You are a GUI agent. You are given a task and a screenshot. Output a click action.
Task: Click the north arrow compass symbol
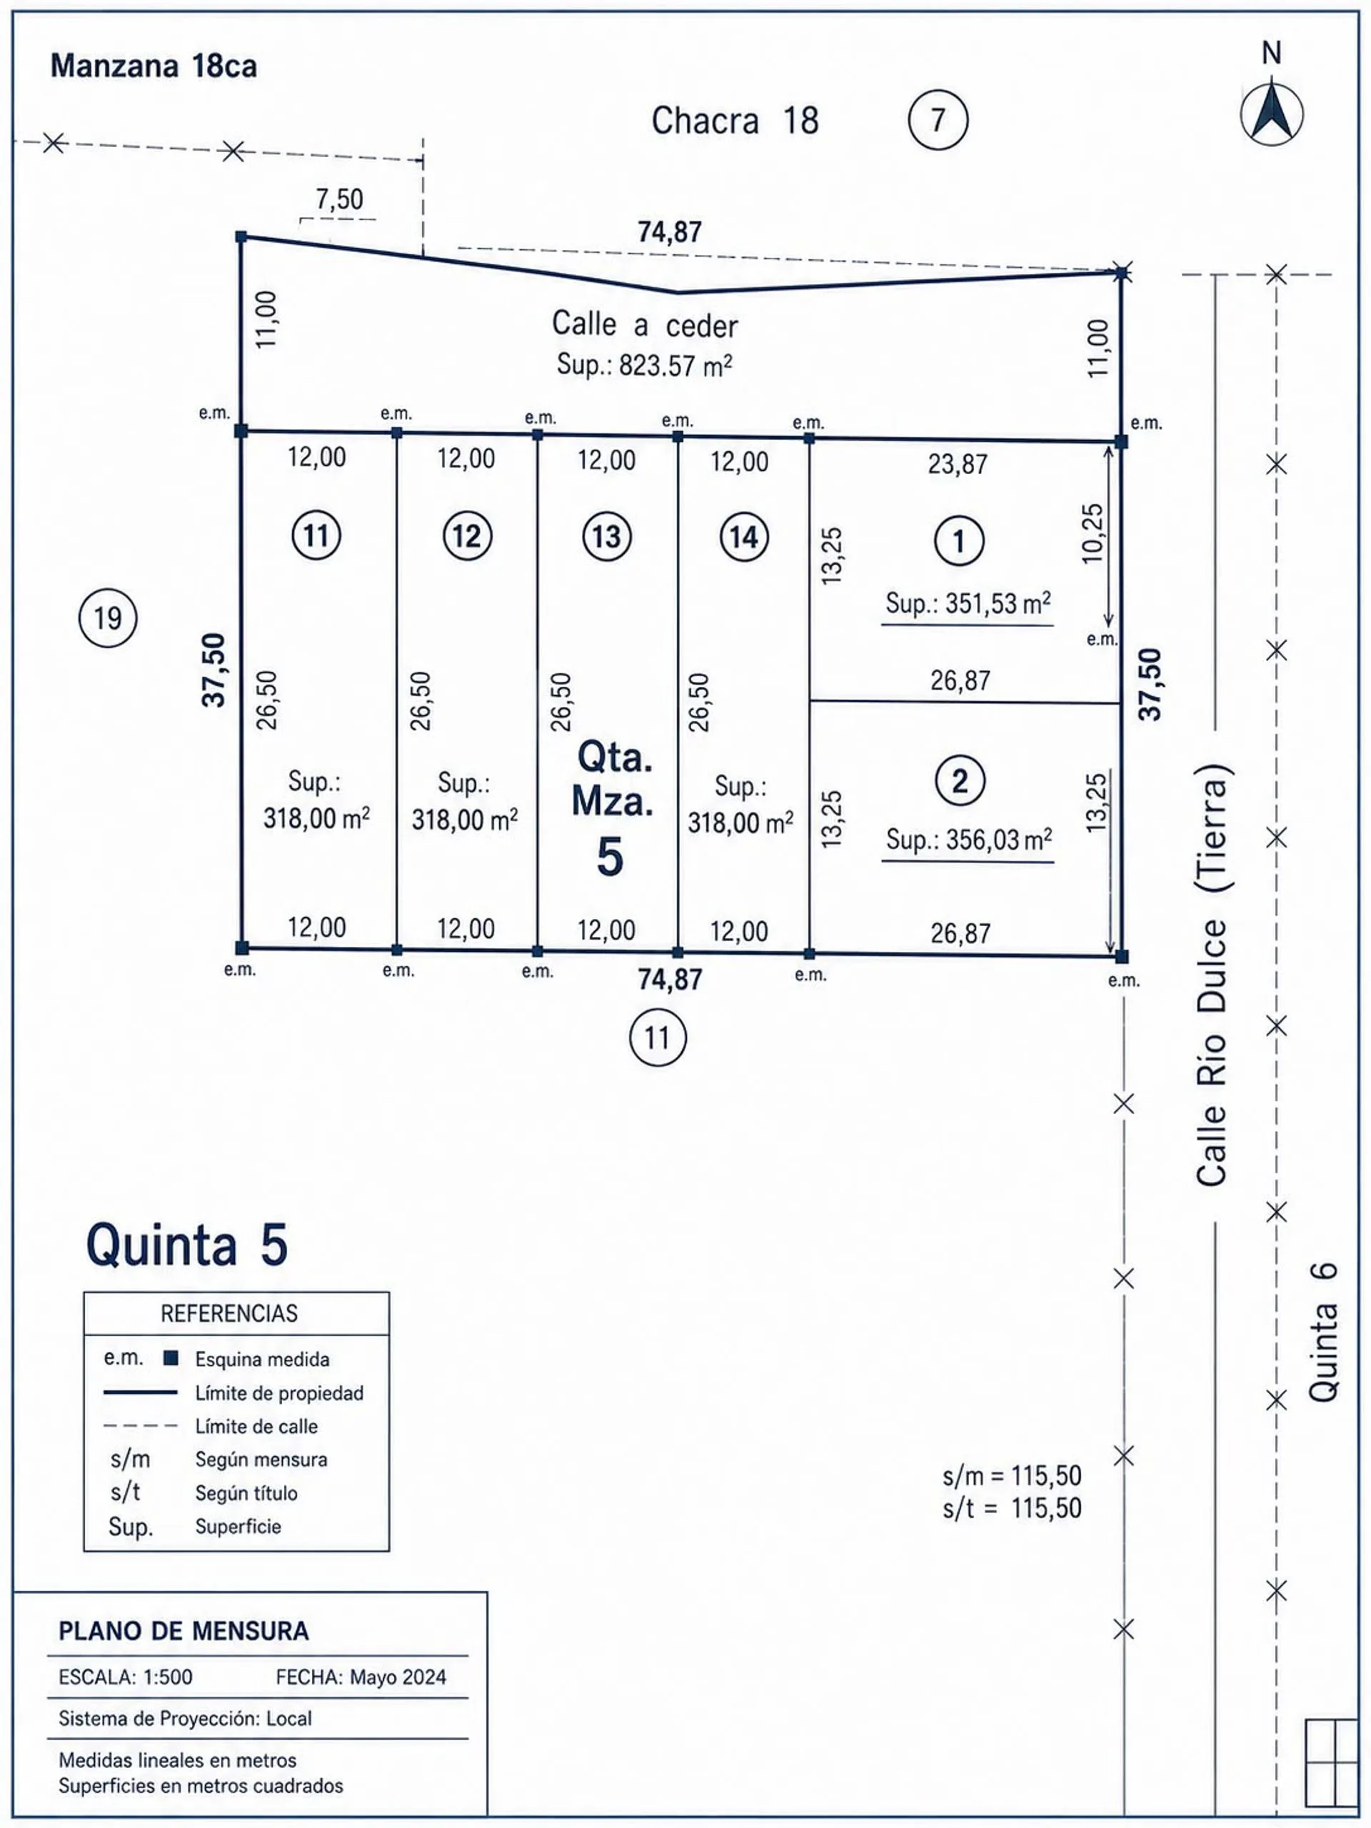tap(1272, 114)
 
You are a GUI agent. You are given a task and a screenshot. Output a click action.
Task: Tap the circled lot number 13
tap(606, 536)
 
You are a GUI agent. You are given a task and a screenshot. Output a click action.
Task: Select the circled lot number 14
tap(744, 537)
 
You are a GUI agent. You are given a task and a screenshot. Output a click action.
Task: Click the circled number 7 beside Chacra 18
tap(938, 120)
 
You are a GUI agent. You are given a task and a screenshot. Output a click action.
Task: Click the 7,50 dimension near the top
tap(339, 199)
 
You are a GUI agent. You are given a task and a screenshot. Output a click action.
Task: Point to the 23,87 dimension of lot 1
tap(958, 464)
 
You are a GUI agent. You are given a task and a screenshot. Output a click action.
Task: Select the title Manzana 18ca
tap(154, 66)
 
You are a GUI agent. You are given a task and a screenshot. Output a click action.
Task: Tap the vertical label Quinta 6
tap(1323, 1333)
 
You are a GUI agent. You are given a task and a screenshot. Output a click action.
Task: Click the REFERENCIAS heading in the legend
tap(229, 1313)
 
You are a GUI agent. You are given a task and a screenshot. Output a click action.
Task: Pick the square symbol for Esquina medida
tap(171, 1357)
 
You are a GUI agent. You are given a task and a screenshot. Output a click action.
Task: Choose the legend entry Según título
tap(246, 1493)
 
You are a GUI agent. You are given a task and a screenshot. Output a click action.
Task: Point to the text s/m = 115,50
tap(1012, 1475)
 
